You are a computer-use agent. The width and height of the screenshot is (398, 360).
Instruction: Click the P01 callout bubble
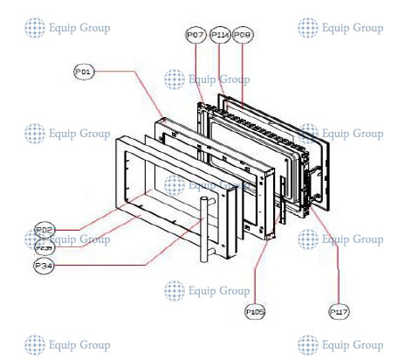tap(84, 72)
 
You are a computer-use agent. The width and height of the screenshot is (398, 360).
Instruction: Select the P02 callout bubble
tap(45, 230)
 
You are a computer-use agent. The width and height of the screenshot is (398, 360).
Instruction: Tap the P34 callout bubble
tap(45, 264)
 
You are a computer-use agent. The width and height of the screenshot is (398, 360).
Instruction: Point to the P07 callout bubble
tap(196, 34)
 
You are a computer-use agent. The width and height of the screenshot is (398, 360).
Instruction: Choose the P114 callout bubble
tap(219, 34)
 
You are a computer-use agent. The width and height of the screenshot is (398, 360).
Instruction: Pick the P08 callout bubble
tap(242, 34)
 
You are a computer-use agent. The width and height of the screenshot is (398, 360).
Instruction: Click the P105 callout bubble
tap(255, 310)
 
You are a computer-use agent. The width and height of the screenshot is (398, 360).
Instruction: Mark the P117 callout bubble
tap(339, 311)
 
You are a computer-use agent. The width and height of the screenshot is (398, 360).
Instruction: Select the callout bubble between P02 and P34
tap(45, 246)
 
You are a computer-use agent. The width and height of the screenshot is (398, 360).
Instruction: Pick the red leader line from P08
tap(242, 70)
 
